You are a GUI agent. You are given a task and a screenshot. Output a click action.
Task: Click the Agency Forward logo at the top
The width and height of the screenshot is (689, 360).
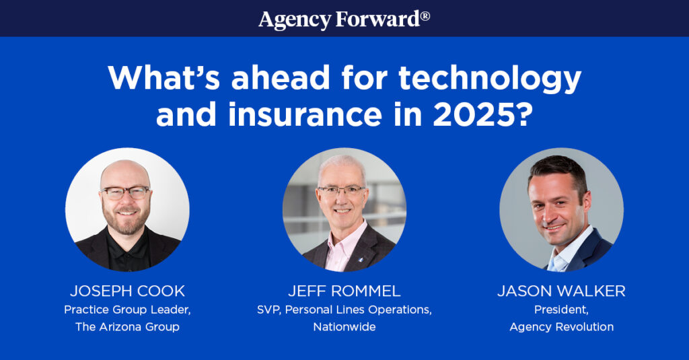pos(344,18)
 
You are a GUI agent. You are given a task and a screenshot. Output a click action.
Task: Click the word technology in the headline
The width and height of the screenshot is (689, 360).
pos(490,79)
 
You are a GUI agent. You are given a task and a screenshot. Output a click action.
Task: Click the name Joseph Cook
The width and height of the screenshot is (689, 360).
pos(127,291)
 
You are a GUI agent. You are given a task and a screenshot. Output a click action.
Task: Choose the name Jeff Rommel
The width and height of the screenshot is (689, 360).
pos(344,291)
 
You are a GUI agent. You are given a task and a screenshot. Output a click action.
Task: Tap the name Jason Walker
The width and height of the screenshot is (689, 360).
pos(561,291)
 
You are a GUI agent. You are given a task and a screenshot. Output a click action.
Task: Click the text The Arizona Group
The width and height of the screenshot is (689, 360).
pos(127,327)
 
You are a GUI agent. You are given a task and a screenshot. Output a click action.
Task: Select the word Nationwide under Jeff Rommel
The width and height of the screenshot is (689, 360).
pos(344,327)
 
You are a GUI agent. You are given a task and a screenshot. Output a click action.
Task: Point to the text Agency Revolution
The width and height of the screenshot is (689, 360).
pos(561,327)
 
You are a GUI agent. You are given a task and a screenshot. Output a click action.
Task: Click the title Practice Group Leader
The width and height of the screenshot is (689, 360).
pos(127,310)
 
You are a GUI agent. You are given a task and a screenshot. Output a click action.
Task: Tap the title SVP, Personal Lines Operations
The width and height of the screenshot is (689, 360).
pos(344,310)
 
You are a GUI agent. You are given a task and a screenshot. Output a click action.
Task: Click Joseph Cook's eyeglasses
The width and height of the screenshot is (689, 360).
pos(125,192)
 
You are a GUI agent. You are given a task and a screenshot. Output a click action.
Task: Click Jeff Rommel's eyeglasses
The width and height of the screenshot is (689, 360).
pos(342,190)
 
